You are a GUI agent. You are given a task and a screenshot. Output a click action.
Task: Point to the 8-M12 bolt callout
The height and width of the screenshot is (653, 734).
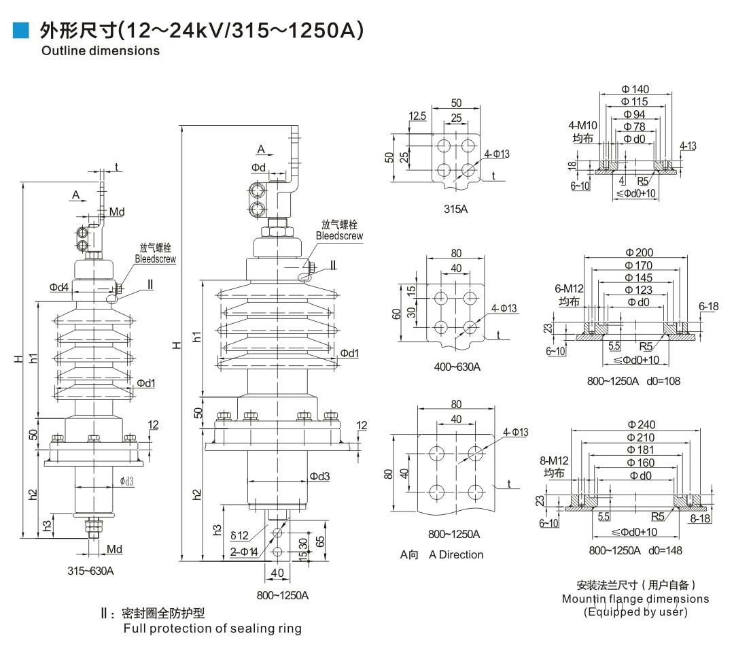[x=556, y=461]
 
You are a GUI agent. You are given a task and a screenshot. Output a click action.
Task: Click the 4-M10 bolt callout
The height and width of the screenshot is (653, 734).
[x=582, y=126]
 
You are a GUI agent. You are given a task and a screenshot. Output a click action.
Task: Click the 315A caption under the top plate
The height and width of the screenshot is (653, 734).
[x=455, y=209]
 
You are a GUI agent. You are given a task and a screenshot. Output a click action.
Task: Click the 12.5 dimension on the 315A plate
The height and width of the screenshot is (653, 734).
[x=417, y=116]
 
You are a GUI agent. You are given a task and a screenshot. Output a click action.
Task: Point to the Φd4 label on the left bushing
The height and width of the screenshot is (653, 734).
[x=59, y=288]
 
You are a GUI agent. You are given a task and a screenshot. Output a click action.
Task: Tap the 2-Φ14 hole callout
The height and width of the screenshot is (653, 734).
[x=243, y=552]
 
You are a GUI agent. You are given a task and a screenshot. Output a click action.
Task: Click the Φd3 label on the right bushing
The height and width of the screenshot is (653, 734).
[x=319, y=476]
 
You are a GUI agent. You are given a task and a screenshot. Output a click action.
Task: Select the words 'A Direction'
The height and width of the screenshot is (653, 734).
[x=456, y=554]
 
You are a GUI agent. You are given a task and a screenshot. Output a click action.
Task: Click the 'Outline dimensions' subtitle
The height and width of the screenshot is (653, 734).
[x=101, y=50]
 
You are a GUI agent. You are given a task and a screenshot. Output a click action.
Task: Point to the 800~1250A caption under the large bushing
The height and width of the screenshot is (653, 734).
[x=283, y=595]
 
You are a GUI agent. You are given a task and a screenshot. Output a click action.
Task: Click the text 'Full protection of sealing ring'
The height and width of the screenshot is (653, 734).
[x=212, y=629]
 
